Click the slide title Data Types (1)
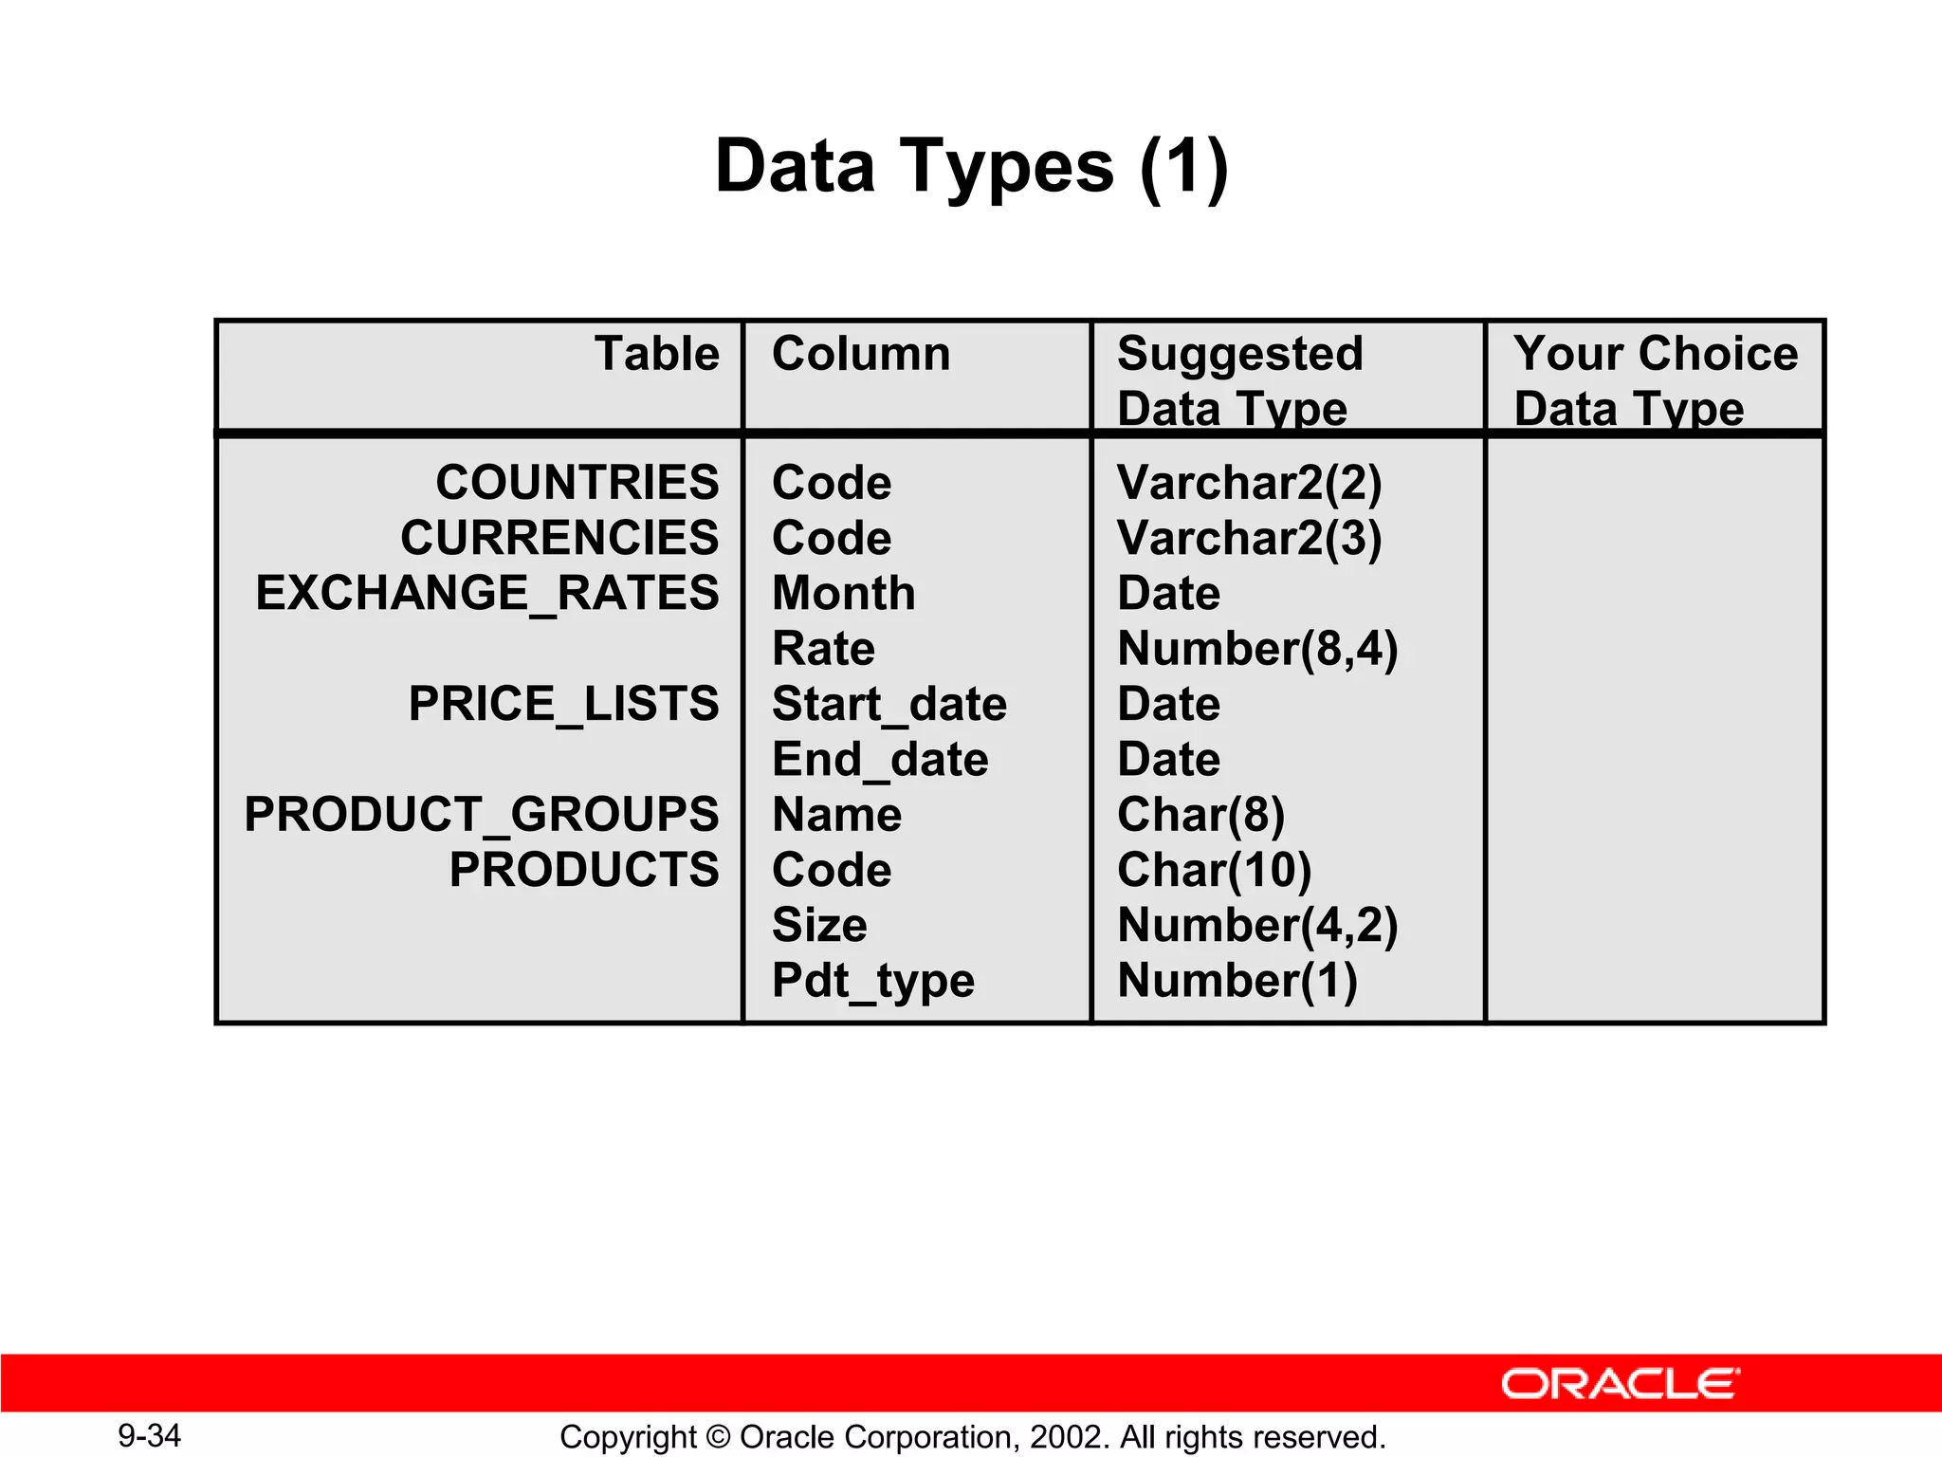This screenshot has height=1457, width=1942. point(971,167)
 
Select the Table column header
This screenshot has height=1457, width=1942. point(656,354)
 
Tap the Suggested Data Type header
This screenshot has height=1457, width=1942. point(1239,380)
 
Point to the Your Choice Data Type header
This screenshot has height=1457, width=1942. point(1655,380)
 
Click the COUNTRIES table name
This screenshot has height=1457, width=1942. point(577,482)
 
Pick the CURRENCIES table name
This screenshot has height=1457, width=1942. point(559,538)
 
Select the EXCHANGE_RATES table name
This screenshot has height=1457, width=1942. point(487,593)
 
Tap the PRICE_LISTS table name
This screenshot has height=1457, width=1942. point(563,704)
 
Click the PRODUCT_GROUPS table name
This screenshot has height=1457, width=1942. point(482,814)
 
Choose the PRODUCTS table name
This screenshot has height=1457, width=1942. point(584,869)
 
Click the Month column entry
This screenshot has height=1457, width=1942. point(843,594)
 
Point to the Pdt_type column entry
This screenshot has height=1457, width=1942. point(872,981)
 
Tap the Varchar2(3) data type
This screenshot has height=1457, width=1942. point(1249,538)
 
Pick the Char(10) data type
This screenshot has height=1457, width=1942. point(1214,870)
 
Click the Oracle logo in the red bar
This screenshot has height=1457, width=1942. point(1620,1384)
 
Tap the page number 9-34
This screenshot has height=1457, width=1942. point(149,1435)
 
